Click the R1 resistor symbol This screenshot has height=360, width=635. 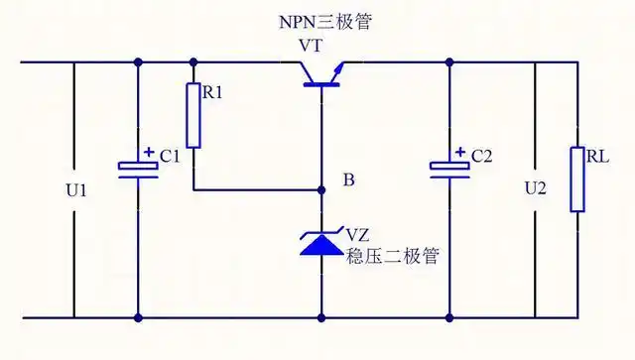tap(194, 115)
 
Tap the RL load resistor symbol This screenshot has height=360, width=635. tap(576, 179)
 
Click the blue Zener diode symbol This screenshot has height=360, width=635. tap(321, 242)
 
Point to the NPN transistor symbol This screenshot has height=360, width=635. tap(322, 74)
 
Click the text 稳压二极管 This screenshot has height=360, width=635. tap(392, 256)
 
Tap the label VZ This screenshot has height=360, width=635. tap(357, 236)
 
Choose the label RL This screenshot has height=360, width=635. tap(598, 156)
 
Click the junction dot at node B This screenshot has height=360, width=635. tap(321, 189)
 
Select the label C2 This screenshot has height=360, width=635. tap(482, 157)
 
